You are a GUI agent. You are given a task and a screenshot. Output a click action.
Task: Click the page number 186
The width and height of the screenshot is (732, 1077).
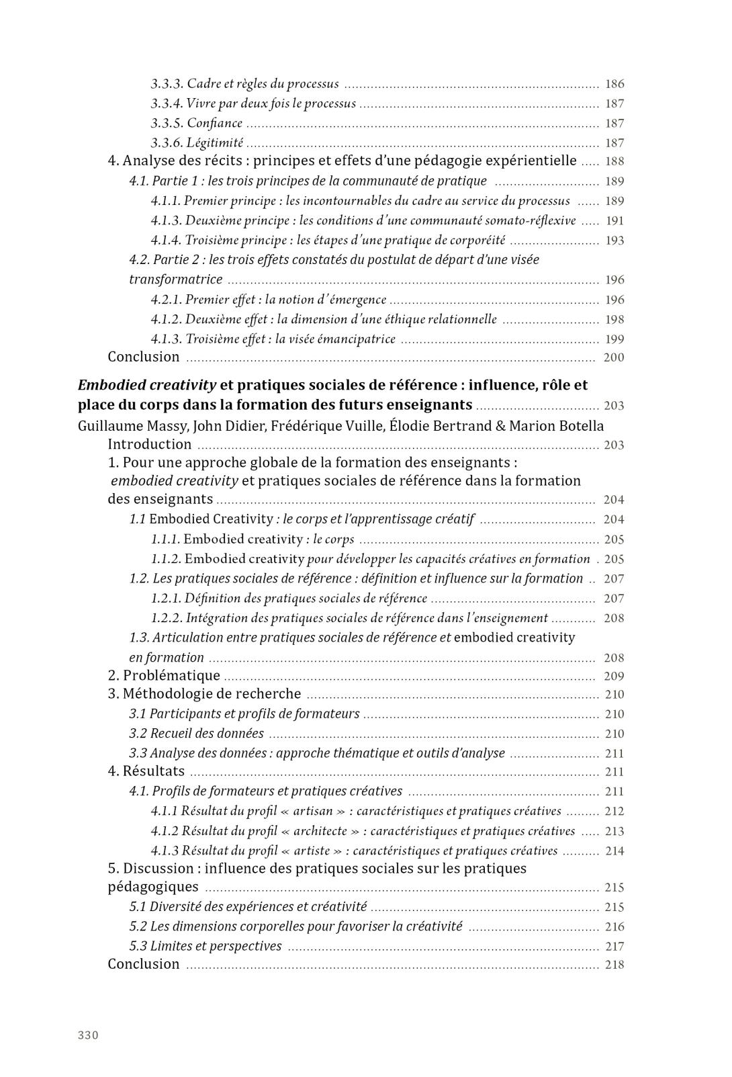click(x=614, y=84)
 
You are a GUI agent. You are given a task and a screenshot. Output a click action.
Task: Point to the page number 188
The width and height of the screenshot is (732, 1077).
click(x=614, y=161)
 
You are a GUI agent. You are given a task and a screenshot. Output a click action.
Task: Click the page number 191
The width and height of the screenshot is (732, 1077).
click(x=614, y=220)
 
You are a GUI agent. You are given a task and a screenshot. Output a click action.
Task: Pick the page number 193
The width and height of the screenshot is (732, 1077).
click(x=614, y=241)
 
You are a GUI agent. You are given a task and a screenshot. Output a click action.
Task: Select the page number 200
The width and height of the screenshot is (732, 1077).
click(x=614, y=357)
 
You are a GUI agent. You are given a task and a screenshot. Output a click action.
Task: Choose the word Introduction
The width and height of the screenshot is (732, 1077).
click(x=150, y=444)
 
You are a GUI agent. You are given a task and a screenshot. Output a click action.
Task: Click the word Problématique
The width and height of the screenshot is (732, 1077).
click(x=171, y=676)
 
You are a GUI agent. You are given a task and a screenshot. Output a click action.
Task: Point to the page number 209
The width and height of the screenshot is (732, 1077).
click(x=614, y=677)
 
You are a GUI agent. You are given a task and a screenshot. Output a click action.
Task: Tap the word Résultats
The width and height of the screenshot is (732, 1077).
click(x=153, y=771)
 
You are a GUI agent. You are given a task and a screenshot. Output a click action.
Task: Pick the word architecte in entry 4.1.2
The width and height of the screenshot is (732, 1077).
click(x=320, y=831)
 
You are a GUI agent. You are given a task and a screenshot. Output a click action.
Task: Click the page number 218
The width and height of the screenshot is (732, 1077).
click(x=614, y=965)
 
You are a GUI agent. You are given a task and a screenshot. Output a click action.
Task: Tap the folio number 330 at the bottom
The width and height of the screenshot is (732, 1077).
click(x=88, y=1035)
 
